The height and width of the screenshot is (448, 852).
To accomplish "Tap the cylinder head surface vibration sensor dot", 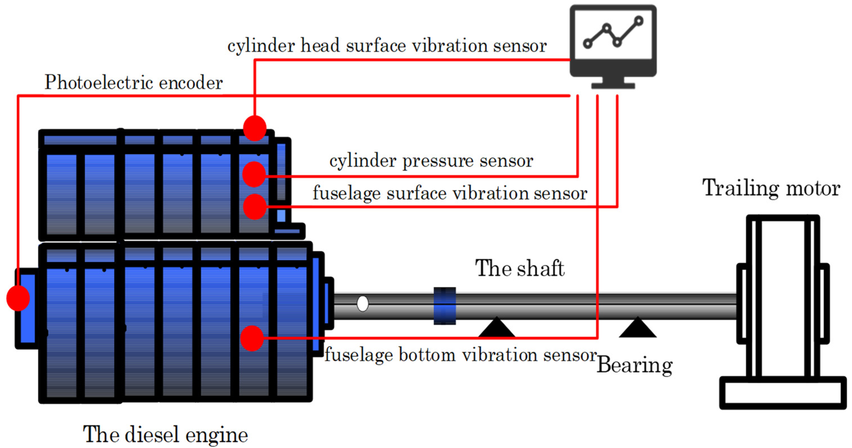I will (255, 128).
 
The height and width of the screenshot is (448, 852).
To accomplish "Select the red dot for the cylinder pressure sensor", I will (254, 174).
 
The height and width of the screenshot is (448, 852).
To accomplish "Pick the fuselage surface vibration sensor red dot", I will (255, 207).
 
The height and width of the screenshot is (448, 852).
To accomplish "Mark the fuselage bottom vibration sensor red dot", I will (252, 338).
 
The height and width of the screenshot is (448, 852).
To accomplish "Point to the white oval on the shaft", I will (363, 304).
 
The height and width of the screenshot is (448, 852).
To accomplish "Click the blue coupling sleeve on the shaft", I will (445, 306).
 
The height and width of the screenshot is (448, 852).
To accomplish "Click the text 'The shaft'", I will (520, 268).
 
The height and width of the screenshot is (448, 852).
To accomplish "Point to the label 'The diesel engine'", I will (165, 434).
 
